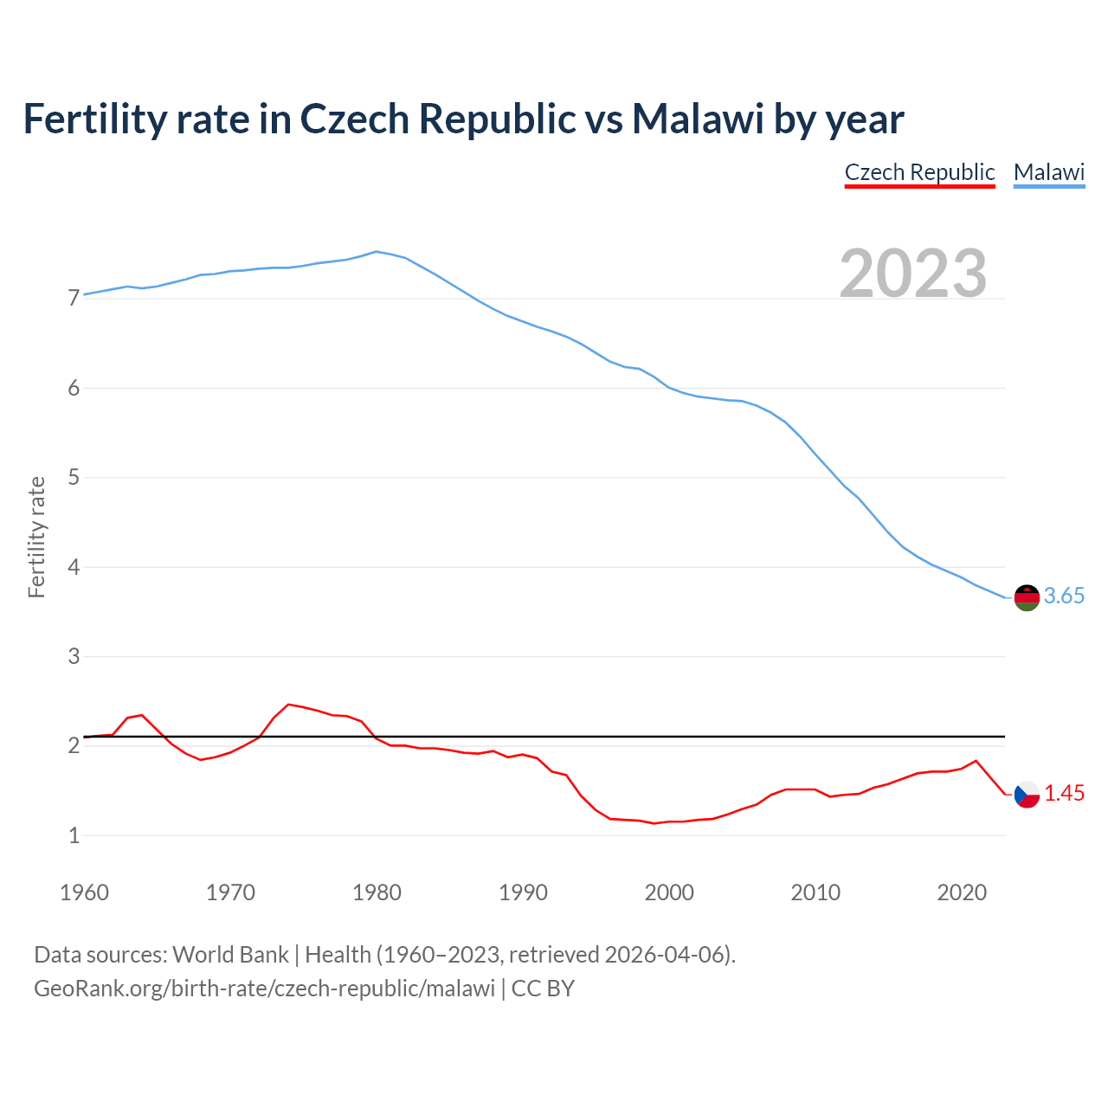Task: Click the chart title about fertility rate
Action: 463,119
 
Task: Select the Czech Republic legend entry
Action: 919,172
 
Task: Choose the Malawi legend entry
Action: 1048,172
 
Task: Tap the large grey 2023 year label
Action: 913,274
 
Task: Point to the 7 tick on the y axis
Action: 74,299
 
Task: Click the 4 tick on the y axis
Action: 74,567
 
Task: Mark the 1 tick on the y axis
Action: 74,835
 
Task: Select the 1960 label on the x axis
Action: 84,892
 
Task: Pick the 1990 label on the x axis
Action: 523,892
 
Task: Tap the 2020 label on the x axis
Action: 962,892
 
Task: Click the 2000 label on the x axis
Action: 669,892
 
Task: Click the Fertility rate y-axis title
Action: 36,537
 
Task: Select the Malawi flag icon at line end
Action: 1027,597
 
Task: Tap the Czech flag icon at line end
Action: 1027,795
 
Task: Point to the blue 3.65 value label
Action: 1064,596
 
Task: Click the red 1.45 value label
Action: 1064,793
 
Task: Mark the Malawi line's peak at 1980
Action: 376,252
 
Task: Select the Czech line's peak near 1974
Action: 289,705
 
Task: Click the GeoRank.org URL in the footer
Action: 264,988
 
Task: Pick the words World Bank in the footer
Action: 230,955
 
